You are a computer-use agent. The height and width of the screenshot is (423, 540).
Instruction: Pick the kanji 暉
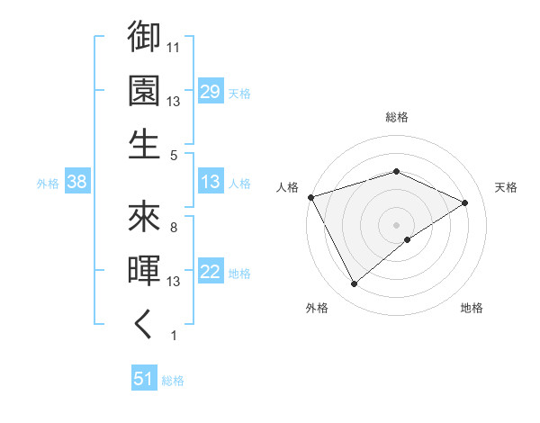pos(144,271)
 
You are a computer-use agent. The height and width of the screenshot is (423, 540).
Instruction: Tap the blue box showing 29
pos(211,93)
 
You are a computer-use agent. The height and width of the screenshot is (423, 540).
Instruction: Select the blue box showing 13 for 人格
pos(211,183)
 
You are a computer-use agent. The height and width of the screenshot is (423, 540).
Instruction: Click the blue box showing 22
pos(211,273)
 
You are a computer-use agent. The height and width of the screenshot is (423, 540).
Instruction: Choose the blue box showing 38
pos(76,183)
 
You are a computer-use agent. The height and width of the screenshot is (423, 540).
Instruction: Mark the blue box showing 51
pos(144,380)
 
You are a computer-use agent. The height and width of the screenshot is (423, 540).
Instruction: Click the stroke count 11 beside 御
pos(175,47)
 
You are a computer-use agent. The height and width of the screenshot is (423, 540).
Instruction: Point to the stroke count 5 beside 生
pos(174,155)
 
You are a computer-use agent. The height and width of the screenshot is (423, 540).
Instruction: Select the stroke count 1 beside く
pos(174,336)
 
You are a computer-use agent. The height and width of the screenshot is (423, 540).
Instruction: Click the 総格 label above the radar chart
pos(397,117)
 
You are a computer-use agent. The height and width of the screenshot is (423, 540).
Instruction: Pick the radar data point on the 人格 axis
pos(310,196)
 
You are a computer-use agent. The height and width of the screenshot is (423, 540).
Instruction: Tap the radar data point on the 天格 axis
pos(465,202)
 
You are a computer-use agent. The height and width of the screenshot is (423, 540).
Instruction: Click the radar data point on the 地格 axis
pos(408,239)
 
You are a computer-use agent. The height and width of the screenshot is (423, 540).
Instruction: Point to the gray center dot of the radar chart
pos(397,224)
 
